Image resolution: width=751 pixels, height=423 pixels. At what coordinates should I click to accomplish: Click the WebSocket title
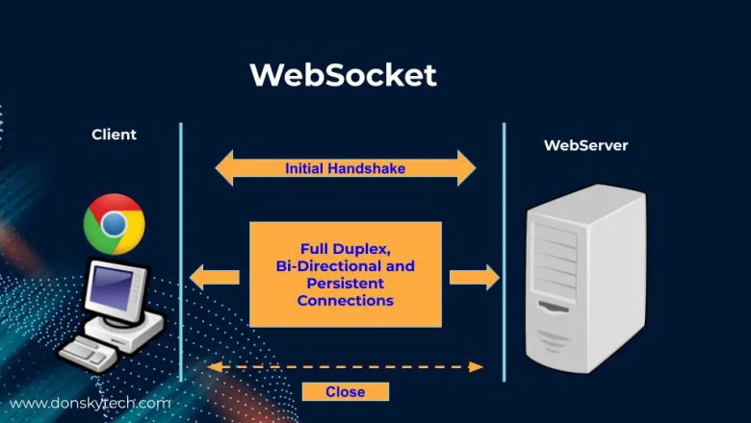point(342,75)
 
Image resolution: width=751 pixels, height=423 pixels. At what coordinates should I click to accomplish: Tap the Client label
point(114,135)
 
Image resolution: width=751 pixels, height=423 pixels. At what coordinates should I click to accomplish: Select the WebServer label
point(585,146)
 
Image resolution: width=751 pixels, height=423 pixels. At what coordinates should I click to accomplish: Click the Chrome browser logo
point(114,224)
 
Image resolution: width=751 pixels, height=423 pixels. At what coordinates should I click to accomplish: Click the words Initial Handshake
point(345,168)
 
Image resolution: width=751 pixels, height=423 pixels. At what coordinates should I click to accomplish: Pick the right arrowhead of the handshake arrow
point(466,168)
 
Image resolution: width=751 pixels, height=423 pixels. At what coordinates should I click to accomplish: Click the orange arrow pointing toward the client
point(214,279)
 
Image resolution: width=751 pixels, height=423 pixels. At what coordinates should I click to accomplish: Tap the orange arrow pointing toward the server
point(474,279)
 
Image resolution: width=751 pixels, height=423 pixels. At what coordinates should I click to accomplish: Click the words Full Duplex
point(345,247)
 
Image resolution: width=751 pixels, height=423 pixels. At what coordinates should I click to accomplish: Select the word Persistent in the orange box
point(345,284)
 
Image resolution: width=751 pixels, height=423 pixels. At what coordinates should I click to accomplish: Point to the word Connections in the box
point(345,301)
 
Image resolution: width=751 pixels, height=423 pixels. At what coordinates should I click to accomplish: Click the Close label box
point(345,391)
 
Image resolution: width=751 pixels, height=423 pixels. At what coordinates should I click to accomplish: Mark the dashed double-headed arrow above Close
point(345,366)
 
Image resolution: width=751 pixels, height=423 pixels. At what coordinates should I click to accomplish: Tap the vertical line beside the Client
point(180,250)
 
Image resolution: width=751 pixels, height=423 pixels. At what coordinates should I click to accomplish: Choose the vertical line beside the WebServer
point(504,250)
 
